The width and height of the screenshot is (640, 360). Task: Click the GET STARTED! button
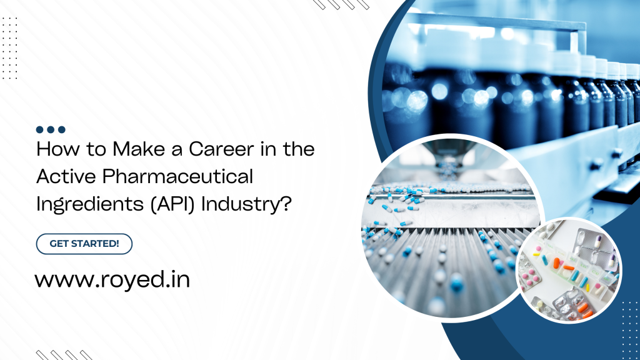[x=84, y=244]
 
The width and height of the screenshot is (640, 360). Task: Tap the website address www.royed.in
[x=112, y=279]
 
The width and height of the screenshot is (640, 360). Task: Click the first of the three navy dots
[x=39, y=129]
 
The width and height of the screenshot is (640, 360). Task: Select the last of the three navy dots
[x=61, y=129]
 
